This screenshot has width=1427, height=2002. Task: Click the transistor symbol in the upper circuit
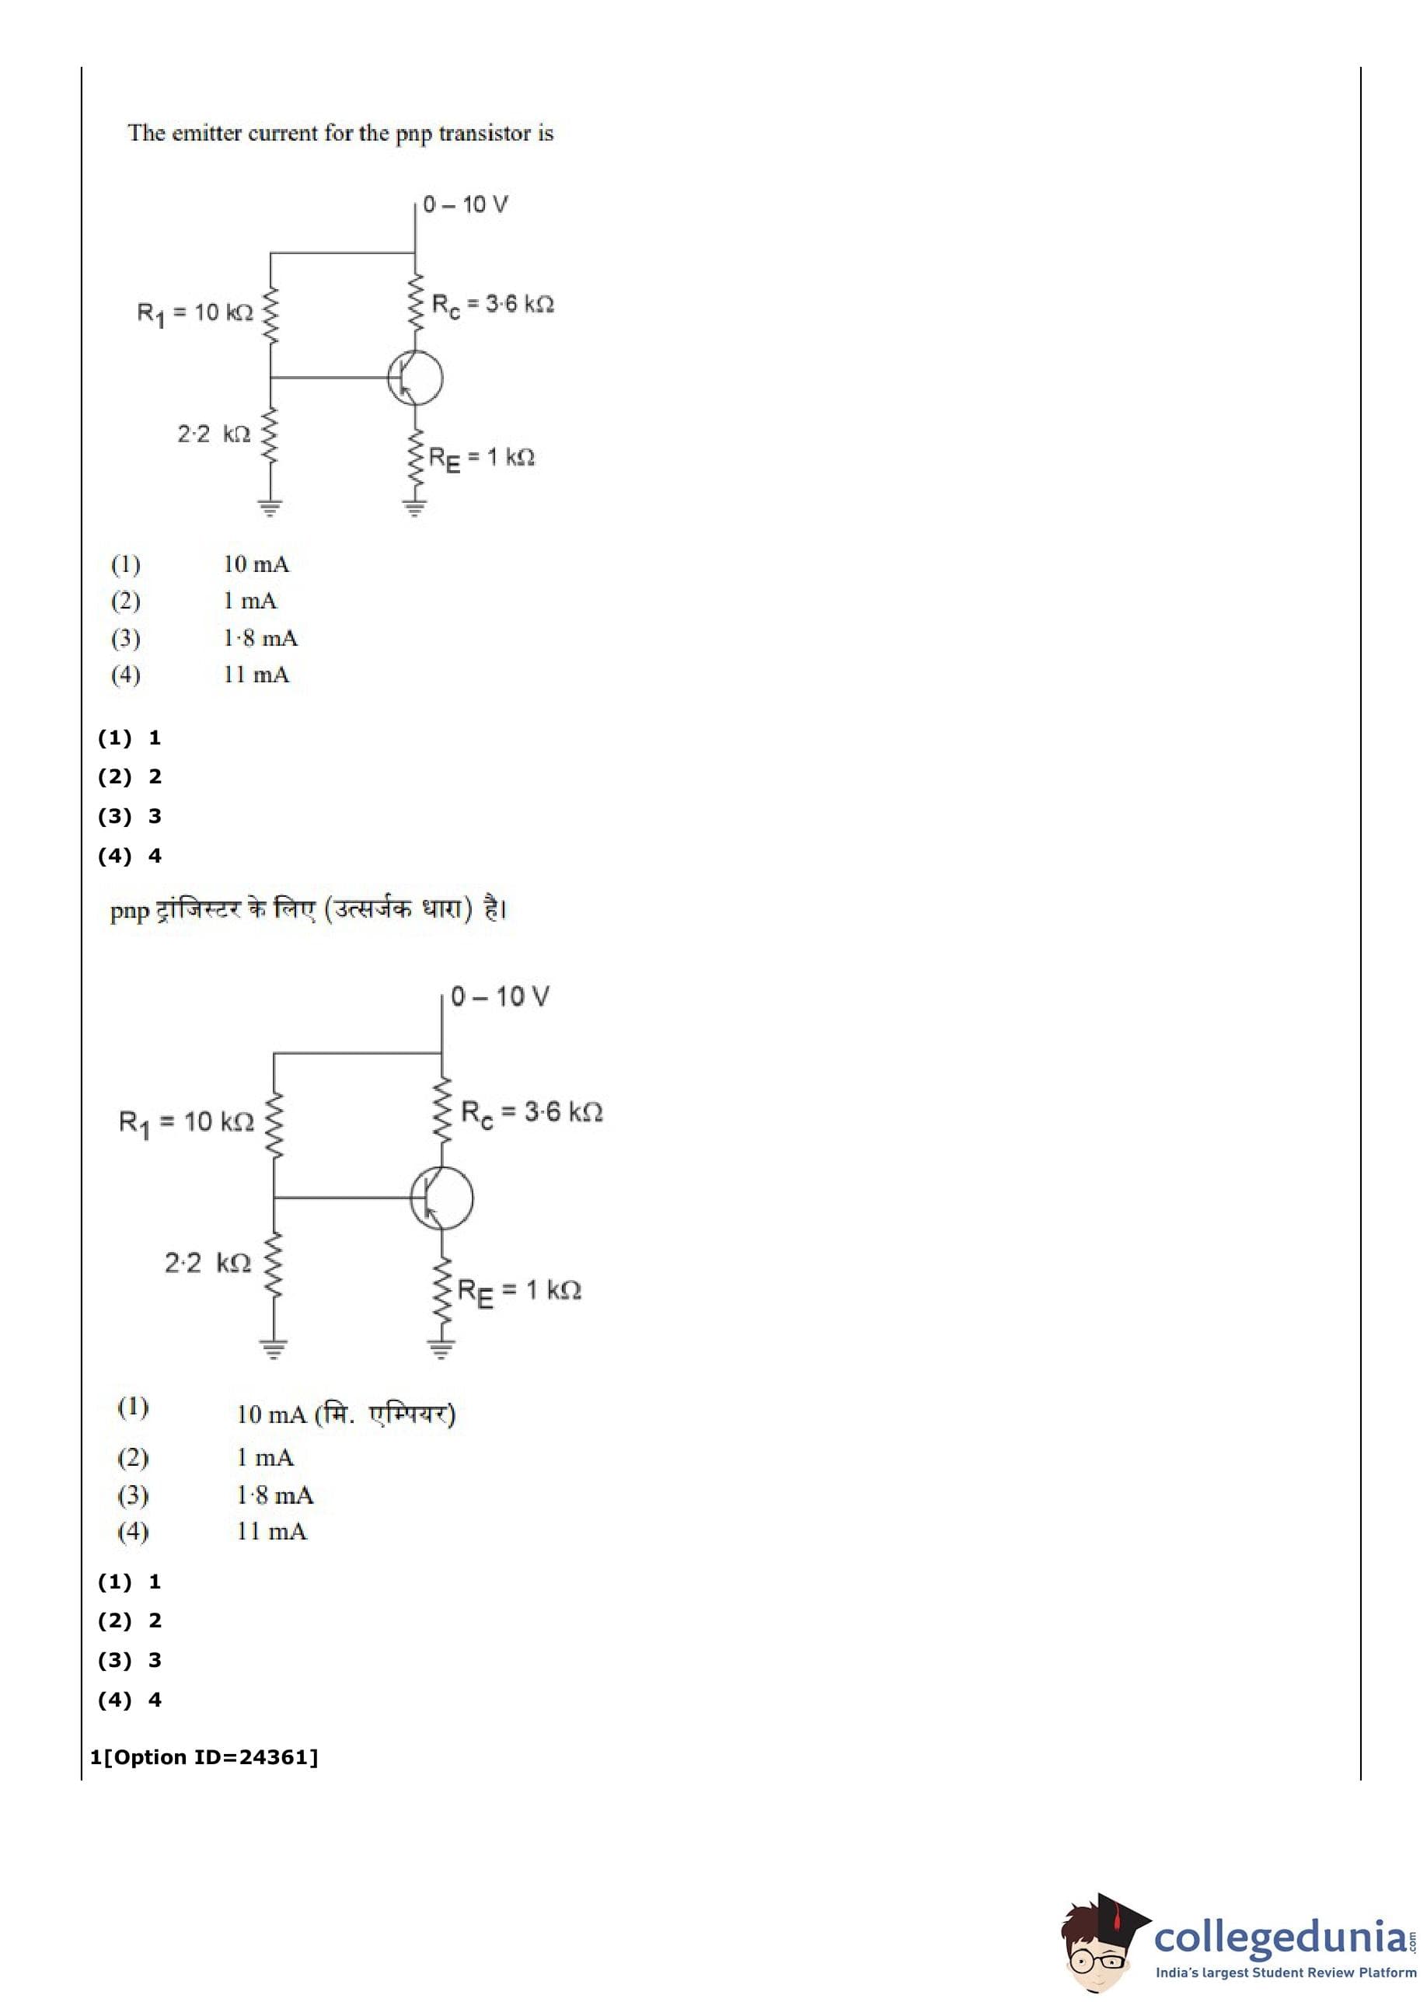[x=415, y=378]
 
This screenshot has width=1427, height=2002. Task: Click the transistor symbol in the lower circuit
[x=441, y=1198]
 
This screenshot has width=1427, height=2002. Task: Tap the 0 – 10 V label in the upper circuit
[x=465, y=204]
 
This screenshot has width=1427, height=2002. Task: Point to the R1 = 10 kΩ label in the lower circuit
[x=187, y=1121]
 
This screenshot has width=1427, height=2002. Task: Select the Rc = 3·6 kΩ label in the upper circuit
[x=492, y=305]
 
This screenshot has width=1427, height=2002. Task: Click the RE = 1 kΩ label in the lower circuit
[x=519, y=1292]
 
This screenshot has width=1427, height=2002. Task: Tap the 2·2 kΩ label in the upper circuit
[x=214, y=434]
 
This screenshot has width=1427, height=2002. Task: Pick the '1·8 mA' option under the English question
[x=260, y=638]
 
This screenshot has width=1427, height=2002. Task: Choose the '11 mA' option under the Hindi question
[x=271, y=1531]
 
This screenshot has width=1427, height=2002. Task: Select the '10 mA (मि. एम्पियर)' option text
[x=345, y=1414]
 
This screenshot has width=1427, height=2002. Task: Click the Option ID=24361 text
[x=210, y=1756]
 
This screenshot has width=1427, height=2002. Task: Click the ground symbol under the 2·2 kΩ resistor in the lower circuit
[x=274, y=1349]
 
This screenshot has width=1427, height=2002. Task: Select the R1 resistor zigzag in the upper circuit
[x=270, y=315]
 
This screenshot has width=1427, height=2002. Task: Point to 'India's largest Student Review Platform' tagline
[x=1286, y=1972]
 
